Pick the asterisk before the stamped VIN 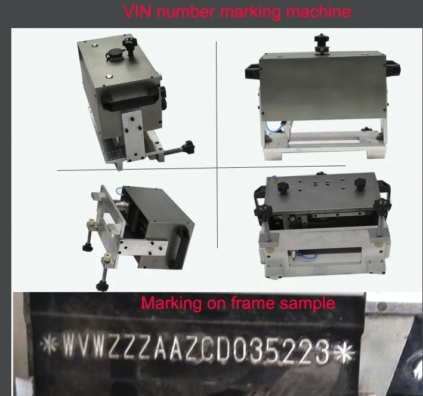pos(48,345)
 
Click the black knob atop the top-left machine pos(128,43)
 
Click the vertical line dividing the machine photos pos(217,143)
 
